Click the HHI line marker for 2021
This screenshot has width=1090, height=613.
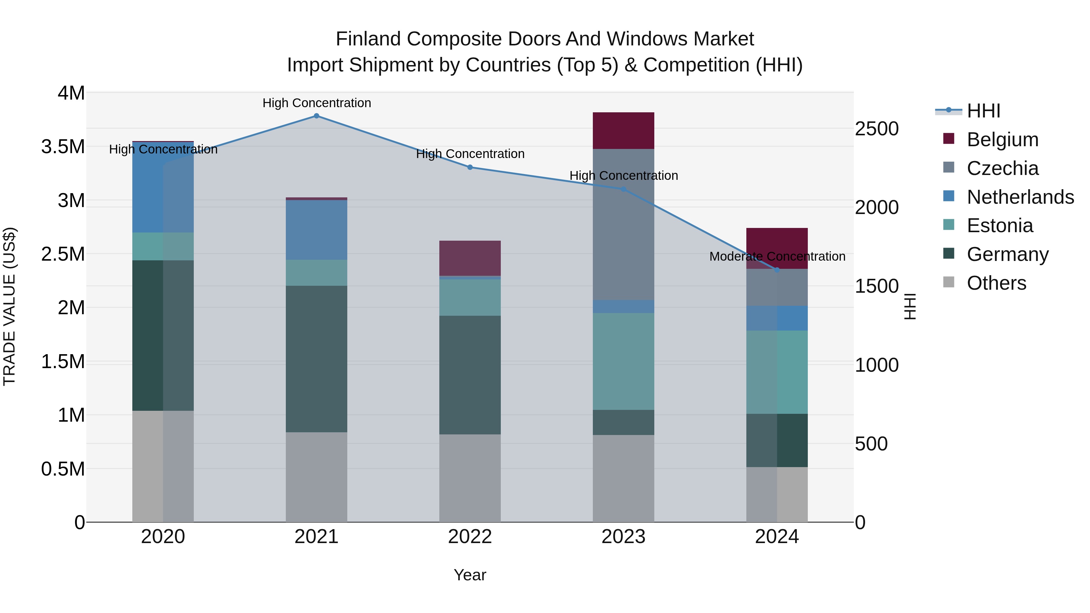coord(316,116)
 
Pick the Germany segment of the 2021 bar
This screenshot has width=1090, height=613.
coord(316,359)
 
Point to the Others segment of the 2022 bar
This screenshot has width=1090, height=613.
coord(470,478)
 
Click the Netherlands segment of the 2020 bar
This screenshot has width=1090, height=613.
coord(163,187)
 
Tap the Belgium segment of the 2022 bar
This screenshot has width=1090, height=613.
coord(470,258)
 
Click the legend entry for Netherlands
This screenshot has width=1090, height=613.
coord(1020,197)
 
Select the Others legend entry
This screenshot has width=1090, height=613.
coord(996,283)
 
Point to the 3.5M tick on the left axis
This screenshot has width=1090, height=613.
coord(63,147)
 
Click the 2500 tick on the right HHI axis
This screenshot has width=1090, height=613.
coord(876,129)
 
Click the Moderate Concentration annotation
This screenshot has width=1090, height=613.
coord(777,256)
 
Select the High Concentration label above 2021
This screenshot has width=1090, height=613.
coord(316,103)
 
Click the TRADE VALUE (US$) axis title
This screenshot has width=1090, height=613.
coord(10,307)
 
